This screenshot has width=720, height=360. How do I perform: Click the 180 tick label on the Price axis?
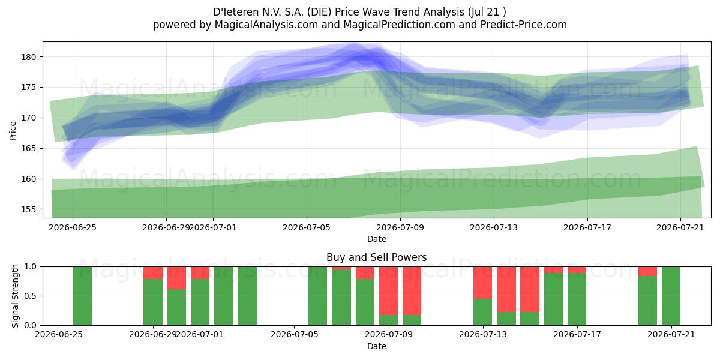(x=29, y=57)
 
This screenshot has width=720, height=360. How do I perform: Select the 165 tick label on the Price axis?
(x=29, y=149)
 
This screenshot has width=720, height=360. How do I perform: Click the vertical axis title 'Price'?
(x=13, y=131)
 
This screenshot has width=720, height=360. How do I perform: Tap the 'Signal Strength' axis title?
(x=15, y=296)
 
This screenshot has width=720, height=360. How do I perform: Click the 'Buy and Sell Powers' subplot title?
(x=376, y=257)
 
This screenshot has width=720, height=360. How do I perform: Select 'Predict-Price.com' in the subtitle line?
(x=524, y=25)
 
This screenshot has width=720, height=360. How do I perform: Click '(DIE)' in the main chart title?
(x=319, y=12)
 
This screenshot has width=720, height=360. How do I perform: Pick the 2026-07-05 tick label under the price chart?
(x=307, y=227)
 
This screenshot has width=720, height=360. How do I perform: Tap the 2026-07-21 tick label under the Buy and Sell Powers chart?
(x=671, y=335)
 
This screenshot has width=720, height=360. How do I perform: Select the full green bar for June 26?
(x=82, y=296)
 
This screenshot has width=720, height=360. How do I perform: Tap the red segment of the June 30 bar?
(x=176, y=278)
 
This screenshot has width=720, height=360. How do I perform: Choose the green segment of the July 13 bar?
(x=482, y=312)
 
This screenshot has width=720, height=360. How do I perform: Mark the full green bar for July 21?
(x=671, y=296)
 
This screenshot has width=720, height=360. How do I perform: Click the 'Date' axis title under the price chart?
(x=376, y=239)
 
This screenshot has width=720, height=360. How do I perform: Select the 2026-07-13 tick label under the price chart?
(x=494, y=227)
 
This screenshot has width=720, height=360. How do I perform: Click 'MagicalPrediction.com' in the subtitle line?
(x=399, y=25)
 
